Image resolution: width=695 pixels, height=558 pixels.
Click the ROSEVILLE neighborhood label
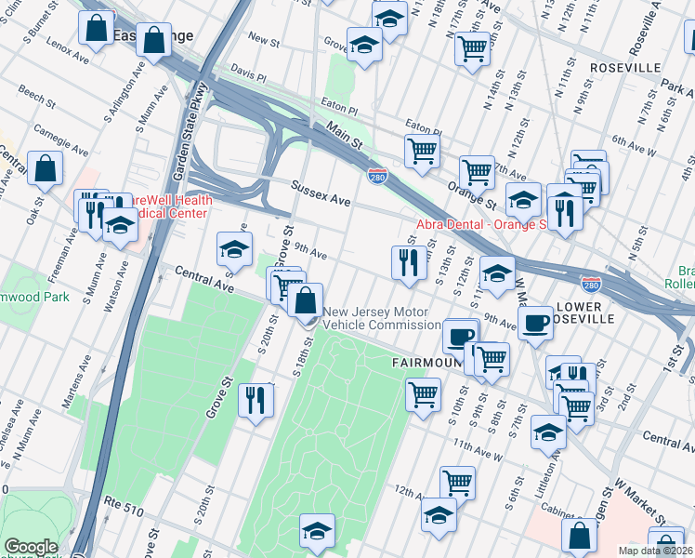[624, 68]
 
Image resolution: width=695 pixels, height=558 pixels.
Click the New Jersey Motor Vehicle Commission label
[382, 318]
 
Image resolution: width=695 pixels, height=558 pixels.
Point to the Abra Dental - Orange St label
[479, 224]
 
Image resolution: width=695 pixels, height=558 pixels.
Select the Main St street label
[343, 137]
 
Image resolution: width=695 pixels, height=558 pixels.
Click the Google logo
[31, 547]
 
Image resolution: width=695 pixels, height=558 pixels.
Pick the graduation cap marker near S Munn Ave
[120, 226]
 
